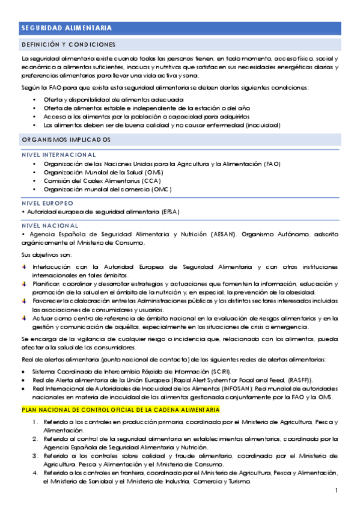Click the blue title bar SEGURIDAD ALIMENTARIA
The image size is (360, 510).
pyautogui.click(x=180, y=28)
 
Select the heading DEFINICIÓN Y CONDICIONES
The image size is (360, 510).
pyautogui.click(x=68, y=45)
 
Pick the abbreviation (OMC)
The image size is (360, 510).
pyautogui.click(x=161, y=189)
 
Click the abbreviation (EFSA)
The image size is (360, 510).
pyautogui.click(x=170, y=212)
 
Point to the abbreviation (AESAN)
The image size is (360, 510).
pyautogui.click(x=220, y=233)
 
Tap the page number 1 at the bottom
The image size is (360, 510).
pyautogui.click(x=337, y=491)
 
